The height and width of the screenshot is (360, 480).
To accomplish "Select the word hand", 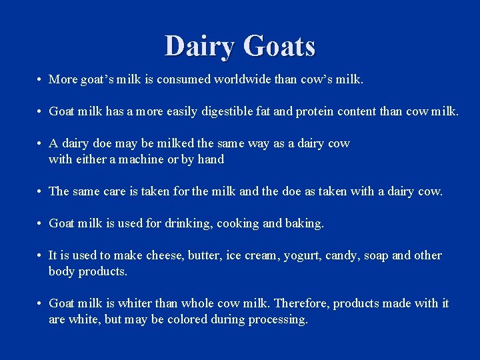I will pyautogui.click(x=211, y=159).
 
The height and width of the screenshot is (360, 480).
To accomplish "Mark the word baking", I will pyautogui.click(x=305, y=223).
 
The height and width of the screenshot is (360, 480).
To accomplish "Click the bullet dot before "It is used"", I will pyautogui.click(x=41, y=255).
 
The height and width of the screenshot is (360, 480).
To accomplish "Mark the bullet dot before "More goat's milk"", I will pyautogui.click(x=41, y=79).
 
